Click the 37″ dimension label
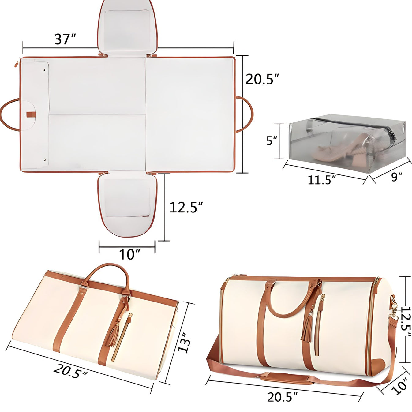[x=65, y=39]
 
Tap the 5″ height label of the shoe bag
[x=271, y=141]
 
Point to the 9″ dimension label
[x=396, y=177]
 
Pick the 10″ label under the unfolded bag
[x=129, y=254]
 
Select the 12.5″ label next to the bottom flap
[x=186, y=208]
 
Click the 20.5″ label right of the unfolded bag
[x=262, y=79]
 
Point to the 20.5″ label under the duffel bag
[x=282, y=397]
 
